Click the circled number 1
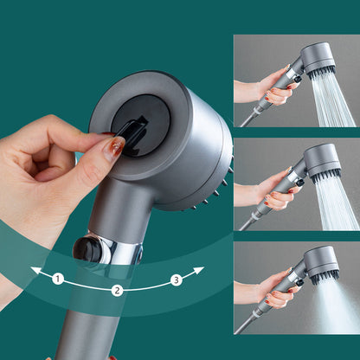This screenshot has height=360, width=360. [x=58, y=279]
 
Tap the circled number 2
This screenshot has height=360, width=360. [x=116, y=291]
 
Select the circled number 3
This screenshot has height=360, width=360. [x=176, y=279]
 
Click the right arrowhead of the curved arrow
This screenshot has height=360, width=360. [x=200, y=271]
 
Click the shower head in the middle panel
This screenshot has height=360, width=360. [x=320, y=161]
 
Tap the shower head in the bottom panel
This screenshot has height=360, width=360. [x=321, y=263]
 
